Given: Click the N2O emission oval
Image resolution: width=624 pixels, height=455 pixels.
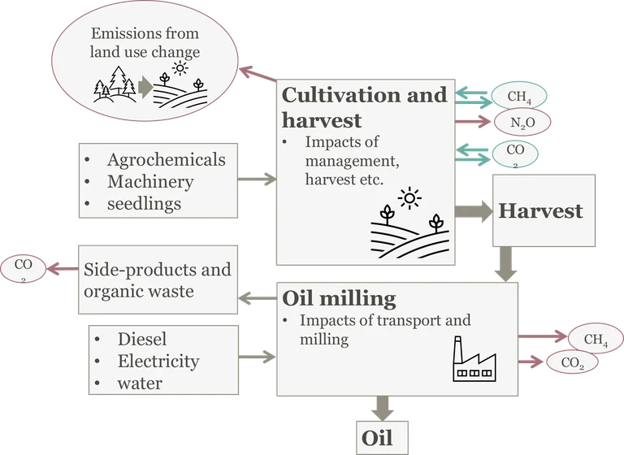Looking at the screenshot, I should coord(519,122).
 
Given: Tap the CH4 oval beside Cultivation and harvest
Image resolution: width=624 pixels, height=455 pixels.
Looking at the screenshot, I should coord(519,97).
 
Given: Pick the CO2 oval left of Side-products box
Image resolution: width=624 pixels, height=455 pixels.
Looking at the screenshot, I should coord(24,267).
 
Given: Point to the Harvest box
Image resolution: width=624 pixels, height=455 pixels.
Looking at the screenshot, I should coord(540,211).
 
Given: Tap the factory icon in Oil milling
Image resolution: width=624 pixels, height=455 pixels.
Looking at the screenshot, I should coord(472,360).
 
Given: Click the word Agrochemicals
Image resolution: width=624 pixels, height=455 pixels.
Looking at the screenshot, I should coord(167,159).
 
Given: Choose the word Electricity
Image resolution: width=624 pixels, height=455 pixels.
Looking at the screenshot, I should coord(158,361).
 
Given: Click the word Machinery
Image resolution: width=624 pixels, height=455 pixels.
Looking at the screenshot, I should coord(150,181).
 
